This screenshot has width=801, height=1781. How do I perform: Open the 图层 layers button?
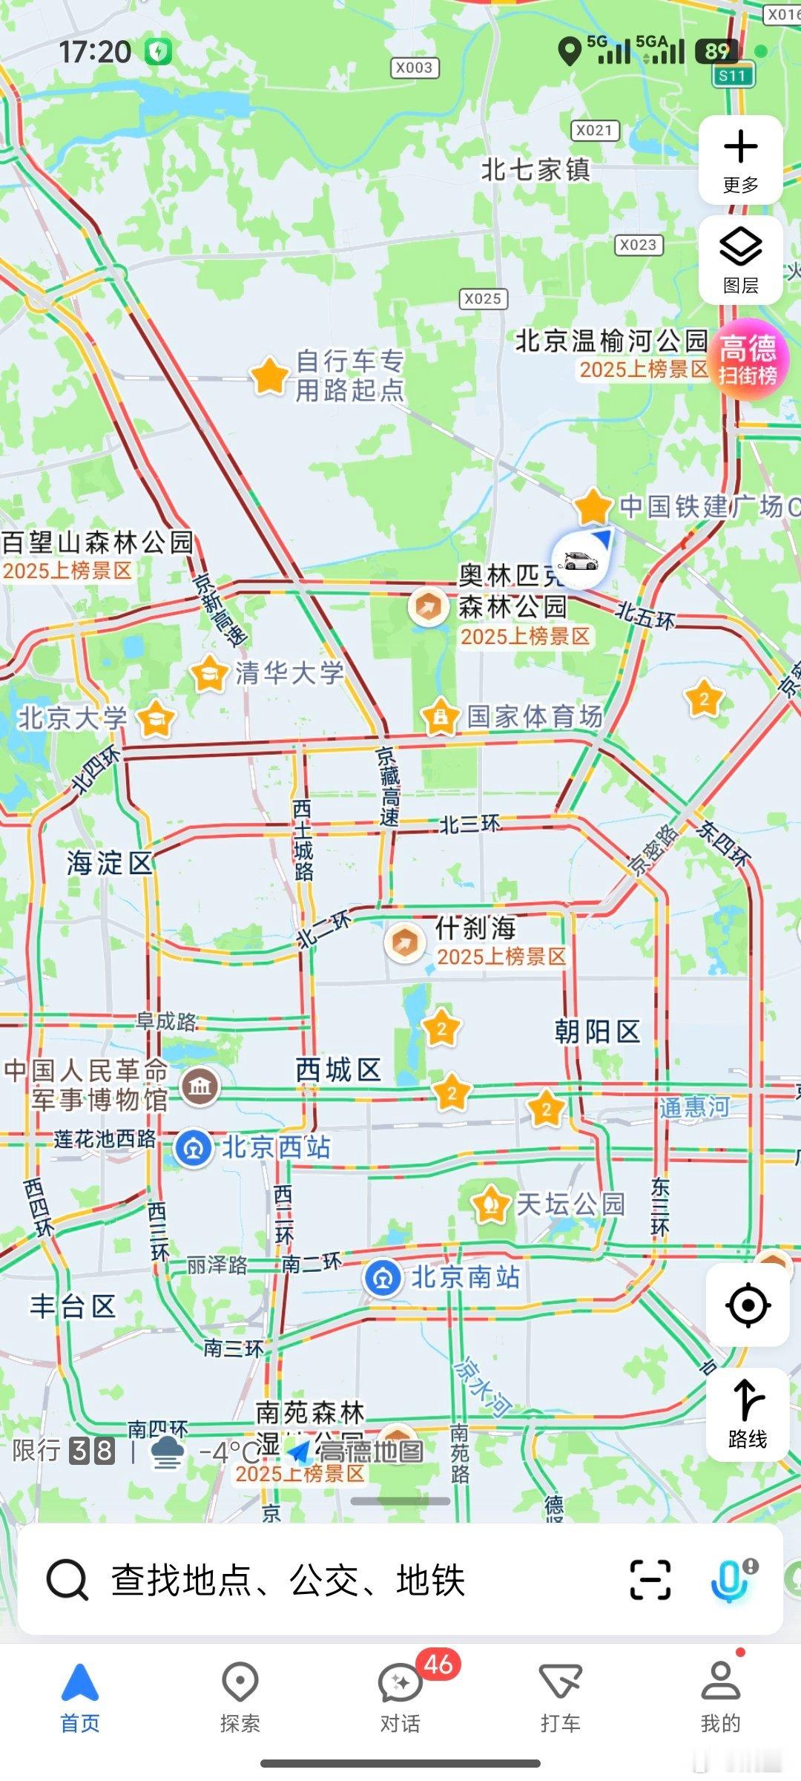click(740, 260)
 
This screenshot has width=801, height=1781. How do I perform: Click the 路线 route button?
click(747, 1414)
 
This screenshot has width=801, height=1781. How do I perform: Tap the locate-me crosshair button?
click(747, 1305)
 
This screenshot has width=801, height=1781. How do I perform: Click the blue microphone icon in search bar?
click(730, 1580)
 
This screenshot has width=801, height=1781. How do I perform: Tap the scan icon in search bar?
click(650, 1580)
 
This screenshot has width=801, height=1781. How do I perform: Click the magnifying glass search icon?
click(67, 1580)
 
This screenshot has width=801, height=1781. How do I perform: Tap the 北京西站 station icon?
click(194, 1148)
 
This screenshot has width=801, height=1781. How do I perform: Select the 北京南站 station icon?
click(383, 1278)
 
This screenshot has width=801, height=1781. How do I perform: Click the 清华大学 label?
click(289, 673)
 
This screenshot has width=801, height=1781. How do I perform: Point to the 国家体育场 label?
click(534, 717)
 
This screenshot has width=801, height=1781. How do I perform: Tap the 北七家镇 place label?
click(535, 170)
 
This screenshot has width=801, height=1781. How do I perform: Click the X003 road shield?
click(415, 68)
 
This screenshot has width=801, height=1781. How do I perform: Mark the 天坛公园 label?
click(570, 1204)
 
